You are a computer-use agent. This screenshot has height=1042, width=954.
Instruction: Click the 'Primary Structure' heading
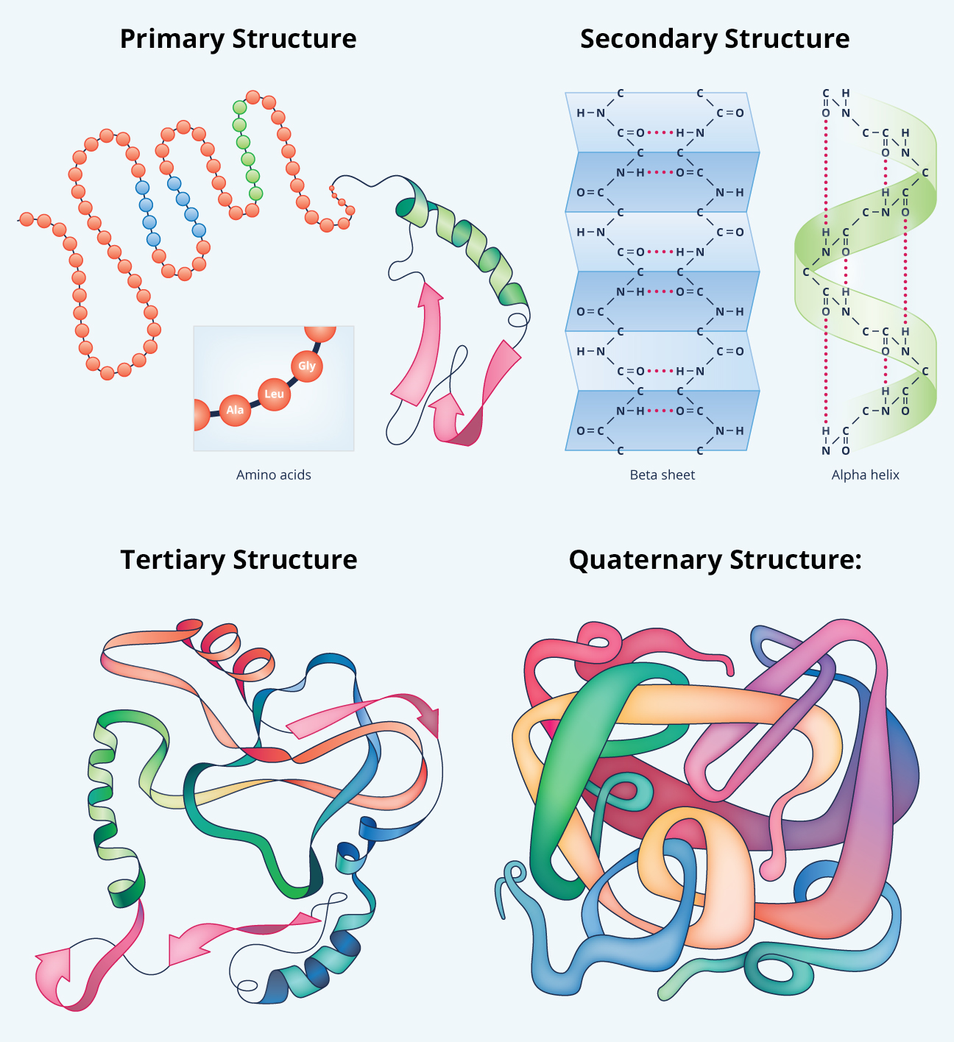point(238,39)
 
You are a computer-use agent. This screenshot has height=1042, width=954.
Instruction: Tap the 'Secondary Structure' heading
point(715,39)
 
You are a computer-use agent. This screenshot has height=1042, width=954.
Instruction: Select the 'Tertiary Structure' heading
point(239,560)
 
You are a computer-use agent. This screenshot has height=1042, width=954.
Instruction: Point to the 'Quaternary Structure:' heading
point(715,560)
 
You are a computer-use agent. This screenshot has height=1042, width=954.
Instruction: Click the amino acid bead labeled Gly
point(307,366)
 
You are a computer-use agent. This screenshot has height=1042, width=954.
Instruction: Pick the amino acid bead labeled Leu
point(274,394)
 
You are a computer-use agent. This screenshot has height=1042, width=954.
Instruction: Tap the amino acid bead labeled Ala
point(235,410)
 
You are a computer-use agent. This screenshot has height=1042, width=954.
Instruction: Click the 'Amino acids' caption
point(274,475)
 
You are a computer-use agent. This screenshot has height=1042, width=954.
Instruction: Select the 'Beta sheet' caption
point(662,475)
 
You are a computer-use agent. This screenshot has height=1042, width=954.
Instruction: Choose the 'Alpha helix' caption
point(866,475)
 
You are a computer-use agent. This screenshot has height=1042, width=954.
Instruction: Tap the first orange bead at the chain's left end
point(26,219)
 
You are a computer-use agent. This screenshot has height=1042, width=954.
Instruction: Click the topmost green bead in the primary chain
point(239,107)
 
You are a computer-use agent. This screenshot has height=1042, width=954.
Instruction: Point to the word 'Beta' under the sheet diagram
point(644,475)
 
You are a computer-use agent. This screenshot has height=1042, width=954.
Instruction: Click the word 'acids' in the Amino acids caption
point(294,475)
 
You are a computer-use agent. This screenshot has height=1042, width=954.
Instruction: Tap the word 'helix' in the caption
point(885,475)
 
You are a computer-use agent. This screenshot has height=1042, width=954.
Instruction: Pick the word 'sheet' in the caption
point(678,475)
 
